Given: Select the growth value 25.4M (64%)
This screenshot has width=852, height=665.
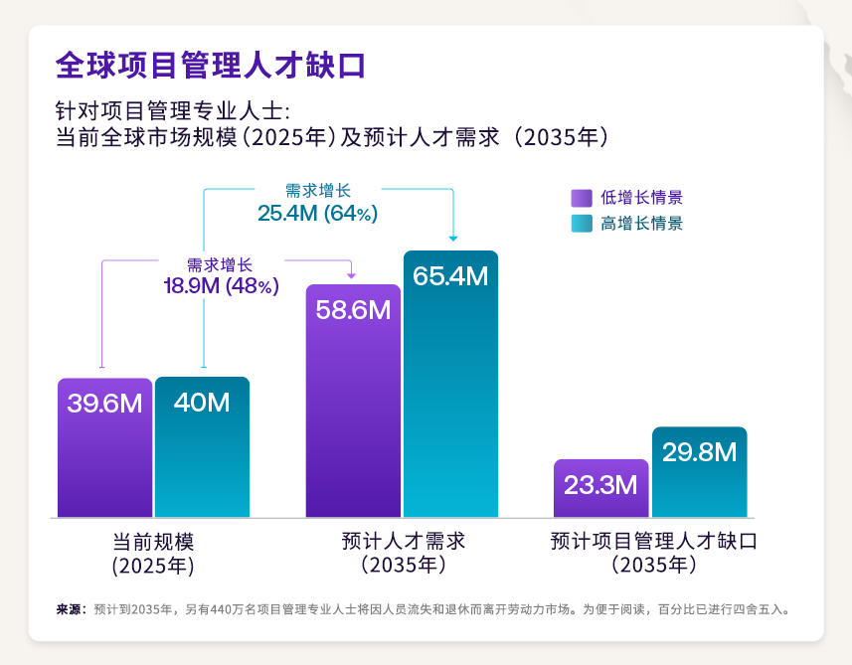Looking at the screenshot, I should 317,213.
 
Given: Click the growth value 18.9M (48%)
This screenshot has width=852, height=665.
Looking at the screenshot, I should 221,286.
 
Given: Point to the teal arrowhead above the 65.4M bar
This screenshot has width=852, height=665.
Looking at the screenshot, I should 453,239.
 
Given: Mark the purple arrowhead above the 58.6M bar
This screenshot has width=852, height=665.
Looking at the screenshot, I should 351,273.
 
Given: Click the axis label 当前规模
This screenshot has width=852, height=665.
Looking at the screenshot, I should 152,542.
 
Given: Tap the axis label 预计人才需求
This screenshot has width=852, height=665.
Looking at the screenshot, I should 403,542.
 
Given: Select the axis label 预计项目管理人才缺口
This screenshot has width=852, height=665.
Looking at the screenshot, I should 653,542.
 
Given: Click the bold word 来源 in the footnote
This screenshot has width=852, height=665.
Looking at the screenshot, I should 69,608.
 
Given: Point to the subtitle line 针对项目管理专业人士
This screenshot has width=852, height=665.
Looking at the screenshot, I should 172,109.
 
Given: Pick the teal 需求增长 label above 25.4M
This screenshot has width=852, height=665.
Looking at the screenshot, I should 317,191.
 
